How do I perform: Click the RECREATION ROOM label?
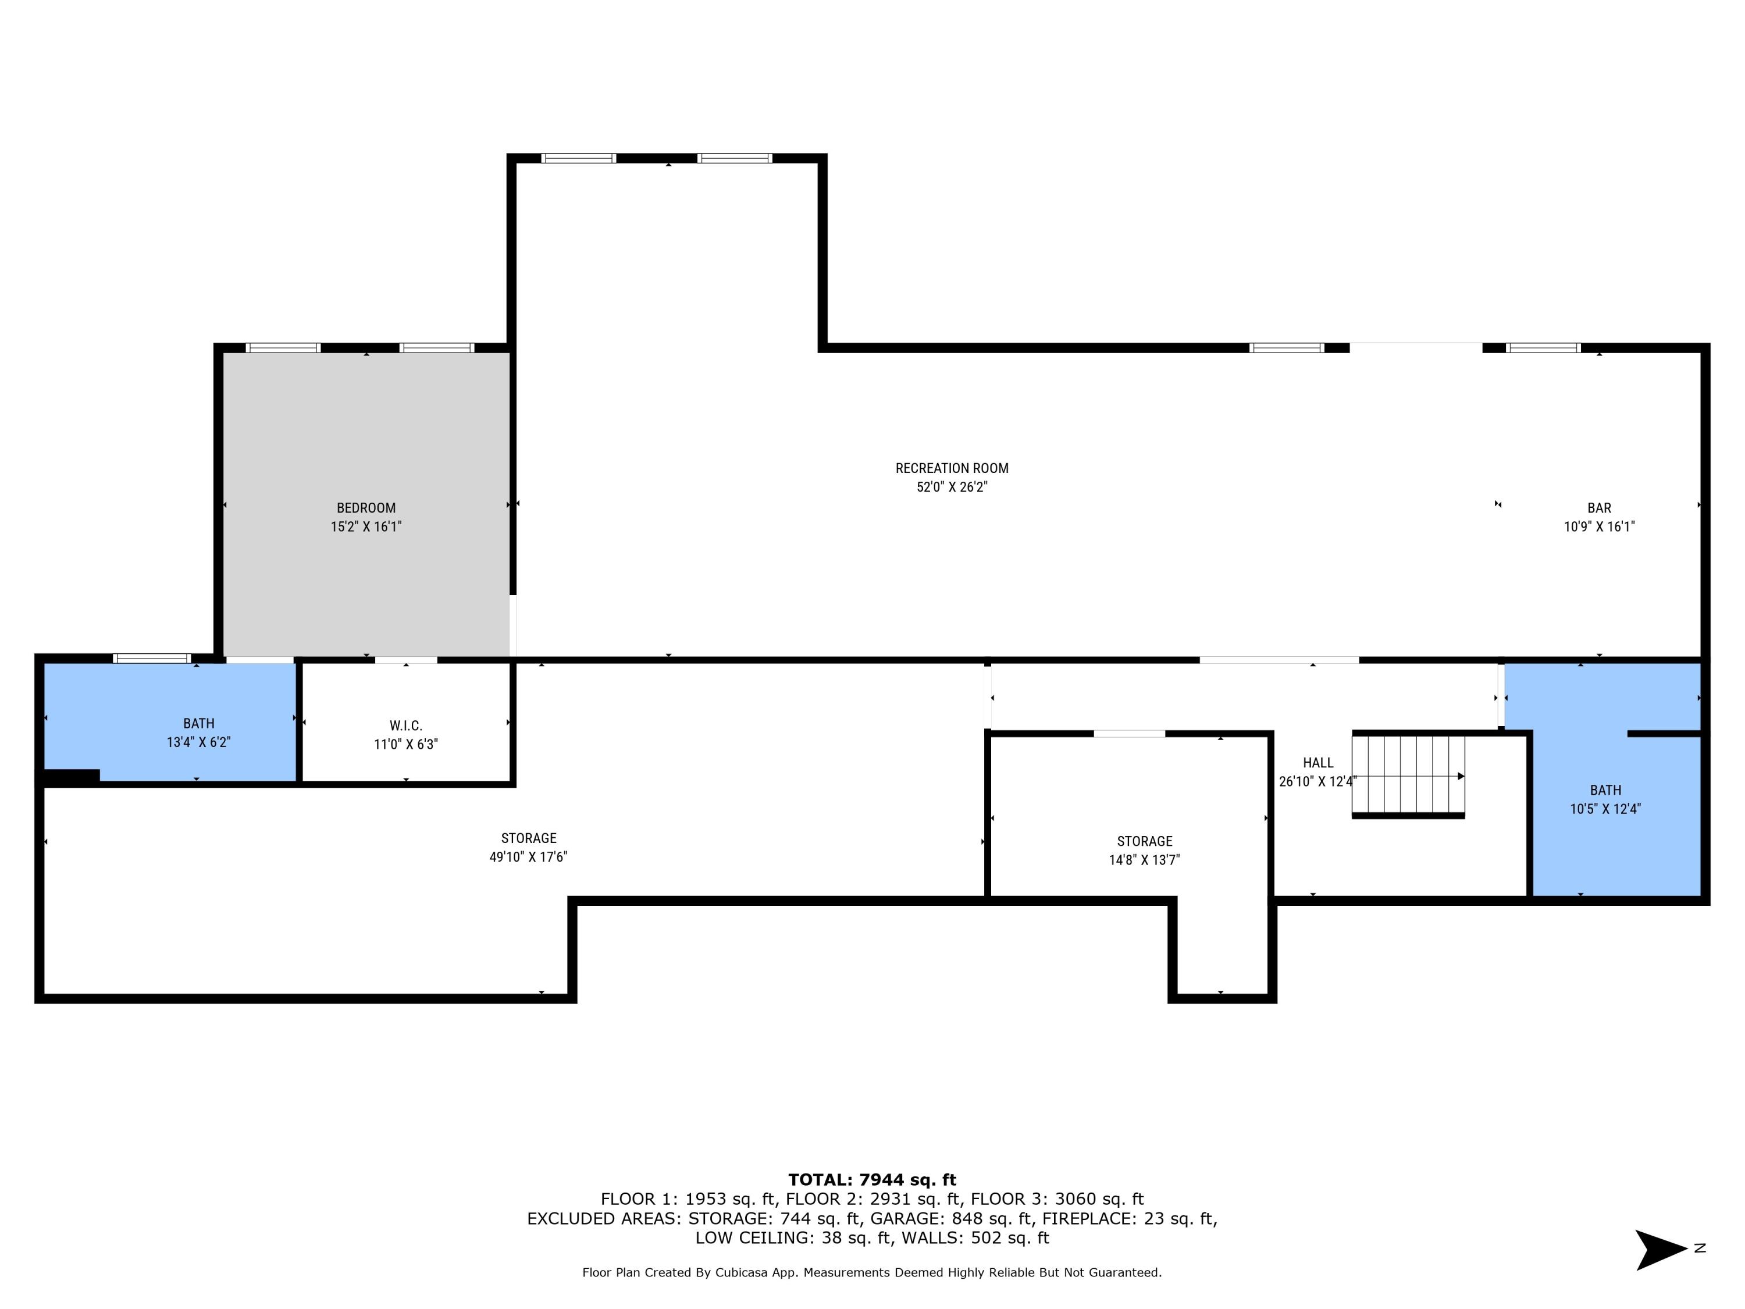click(952, 468)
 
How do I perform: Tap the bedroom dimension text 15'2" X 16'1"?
click(366, 527)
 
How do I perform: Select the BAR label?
click(1599, 508)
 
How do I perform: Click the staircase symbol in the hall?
click(1408, 776)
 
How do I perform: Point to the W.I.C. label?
click(405, 725)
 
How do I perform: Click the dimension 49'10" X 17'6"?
click(529, 857)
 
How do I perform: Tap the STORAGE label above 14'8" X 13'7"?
click(1144, 841)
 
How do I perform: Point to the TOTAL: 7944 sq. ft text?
click(872, 1180)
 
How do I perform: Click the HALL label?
click(1318, 762)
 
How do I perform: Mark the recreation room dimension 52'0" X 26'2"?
click(952, 488)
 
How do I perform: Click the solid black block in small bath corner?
click(72, 777)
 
